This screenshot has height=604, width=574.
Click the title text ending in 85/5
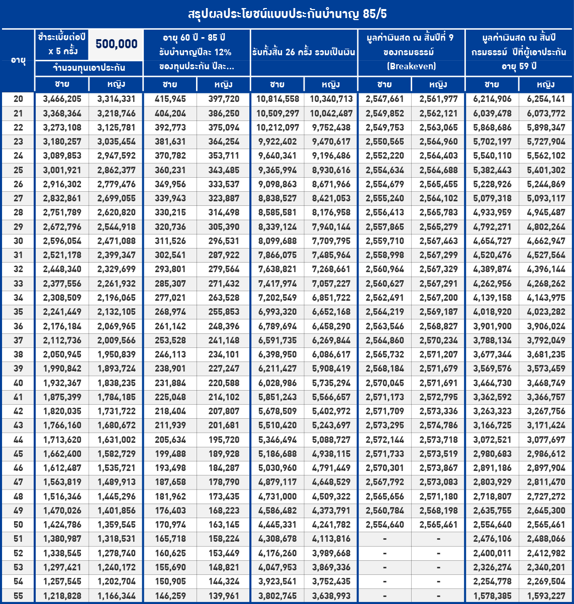pyautogui.click(x=287, y=14)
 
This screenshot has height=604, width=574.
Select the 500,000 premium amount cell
pyautogui.click(x=116, y=44)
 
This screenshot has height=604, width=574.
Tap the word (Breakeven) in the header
pyautogui.click(x=411, y=66)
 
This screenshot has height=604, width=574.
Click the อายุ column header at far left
pyautogui.click(x=18, y=60)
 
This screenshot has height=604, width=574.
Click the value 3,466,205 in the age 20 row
pyautogui.click(x=62, y=99)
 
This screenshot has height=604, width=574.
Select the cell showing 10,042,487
pyautogui.click(x=331, y=113)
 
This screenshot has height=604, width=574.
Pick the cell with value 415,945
pyautogui.click(x=170, y=99)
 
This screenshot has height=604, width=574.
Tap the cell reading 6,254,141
pyautogui.click(x=546, y=99)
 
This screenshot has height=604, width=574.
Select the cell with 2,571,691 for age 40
pyautogui.click(x=438, y=383)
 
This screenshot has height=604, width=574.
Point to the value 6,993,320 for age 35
pyautogui.click(x=277, y=312)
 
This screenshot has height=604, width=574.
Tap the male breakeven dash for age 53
pyautogui.click(x=385, y=567)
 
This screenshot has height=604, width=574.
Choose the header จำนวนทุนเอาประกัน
pyautogui.click(x=89, y=68)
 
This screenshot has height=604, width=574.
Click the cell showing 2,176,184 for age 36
pyautogui.click(x=62, y=326)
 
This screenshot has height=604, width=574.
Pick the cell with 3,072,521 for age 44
pyautogui.click(x=492, y=439)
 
